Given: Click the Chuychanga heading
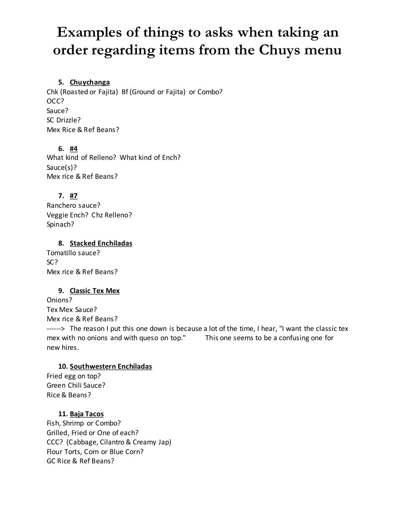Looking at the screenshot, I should tap(89, 82).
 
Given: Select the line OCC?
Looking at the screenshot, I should tap(55, 101).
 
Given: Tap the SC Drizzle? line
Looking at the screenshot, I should tap(64, 120).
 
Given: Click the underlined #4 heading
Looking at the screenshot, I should tap(73, 149).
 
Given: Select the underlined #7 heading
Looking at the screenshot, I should tap(73, 196).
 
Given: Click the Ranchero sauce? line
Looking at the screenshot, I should tap(73, 205).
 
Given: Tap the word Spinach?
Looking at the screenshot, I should tap(60, 224).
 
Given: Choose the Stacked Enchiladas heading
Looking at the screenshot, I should tap(101, 243).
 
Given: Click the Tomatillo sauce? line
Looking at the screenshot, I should tap(73, 253).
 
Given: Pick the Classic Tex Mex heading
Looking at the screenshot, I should tap(95, 291).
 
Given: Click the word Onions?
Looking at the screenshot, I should tap(59, 300).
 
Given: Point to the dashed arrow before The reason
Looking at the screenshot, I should tap(56, 329).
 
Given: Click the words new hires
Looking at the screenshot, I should tap(62, 348).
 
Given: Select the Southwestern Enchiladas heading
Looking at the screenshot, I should tap(111, 366).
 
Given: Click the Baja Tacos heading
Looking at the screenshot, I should tap(86, 414).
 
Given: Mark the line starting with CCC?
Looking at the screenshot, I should tap(109, 442).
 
